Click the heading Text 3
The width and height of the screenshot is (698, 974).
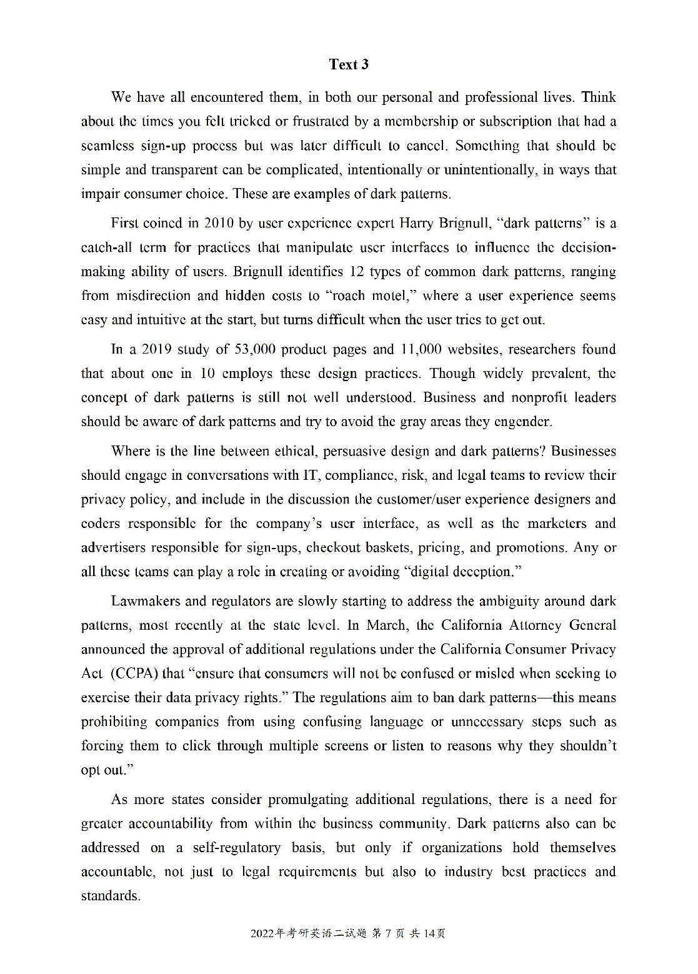pyautogui.click(x=349, y=64)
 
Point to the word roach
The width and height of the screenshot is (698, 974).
pyautogui.click(x=336, y=296)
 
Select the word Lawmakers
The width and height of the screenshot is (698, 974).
pyautogui.click(x=146, y=601)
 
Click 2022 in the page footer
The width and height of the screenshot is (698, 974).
pyautogui.click(x=262, y=934)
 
